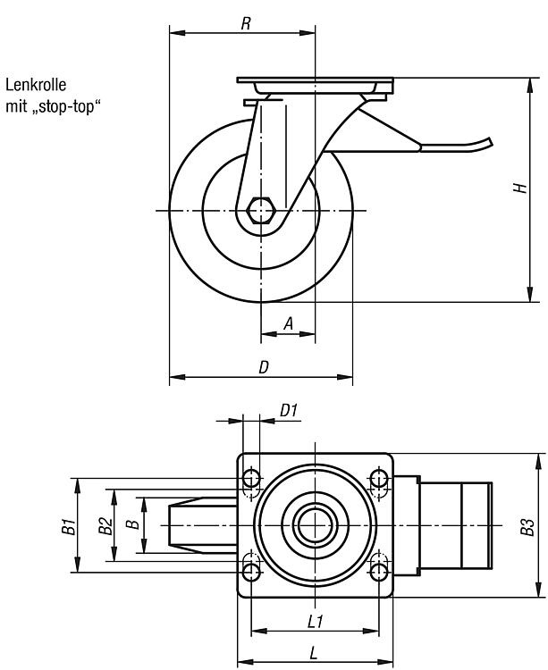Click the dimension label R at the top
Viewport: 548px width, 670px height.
click(246, 24)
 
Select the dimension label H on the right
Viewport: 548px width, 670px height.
click(520, 188)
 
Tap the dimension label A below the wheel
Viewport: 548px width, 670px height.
click(289, 324)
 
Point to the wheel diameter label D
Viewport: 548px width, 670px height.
click(265, 367)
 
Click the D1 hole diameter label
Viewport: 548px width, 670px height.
click(289, 411)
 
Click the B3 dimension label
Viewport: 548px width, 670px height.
click(527, 527)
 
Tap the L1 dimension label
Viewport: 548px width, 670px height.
click(316, 622)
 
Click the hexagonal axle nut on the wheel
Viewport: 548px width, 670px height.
click(260, 210)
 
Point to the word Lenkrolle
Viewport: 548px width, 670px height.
click(36, 85)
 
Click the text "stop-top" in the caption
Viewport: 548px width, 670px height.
click(66, 106)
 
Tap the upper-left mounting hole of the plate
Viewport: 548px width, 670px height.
click(251, 478)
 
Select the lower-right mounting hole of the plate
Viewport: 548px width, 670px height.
click(379, 572)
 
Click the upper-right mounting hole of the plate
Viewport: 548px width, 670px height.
click(379, 478)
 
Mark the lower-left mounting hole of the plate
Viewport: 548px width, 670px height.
click(251, 572)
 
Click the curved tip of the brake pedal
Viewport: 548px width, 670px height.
click(489, 143)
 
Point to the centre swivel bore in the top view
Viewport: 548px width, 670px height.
click(315, 525)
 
